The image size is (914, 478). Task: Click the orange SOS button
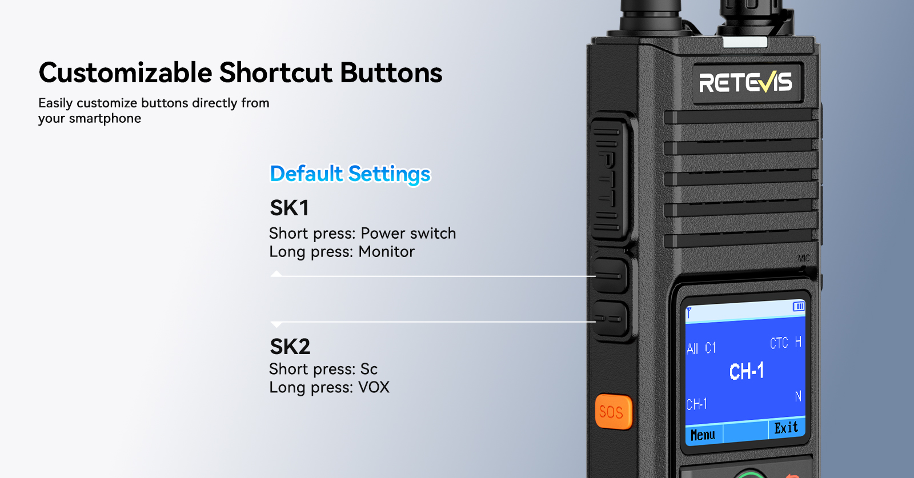pos(614,412)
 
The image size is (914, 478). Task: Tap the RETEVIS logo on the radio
pos(745,82)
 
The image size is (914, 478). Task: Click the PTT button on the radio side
pos(610,179)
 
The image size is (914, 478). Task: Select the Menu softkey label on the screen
pos(703,435)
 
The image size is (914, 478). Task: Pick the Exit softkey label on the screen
pos(786,428)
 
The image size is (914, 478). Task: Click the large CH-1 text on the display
pos(746,372)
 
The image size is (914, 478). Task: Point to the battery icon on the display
pos(799,306)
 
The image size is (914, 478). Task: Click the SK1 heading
pos(289,208)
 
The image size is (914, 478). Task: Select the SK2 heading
pos(290,347)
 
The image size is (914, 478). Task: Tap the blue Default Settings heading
pos(350,174)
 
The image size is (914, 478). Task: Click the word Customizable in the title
pos(125,73)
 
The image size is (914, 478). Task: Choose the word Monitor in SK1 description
pos(386,252)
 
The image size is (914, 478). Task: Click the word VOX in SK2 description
pos(374,387)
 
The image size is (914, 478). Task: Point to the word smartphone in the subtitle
pos(105,119)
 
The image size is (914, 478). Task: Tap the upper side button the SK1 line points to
pos(610,276)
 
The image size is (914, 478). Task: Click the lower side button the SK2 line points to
pos(610,319)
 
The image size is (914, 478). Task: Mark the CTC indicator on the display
pos(779,343)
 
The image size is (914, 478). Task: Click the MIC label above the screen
pos(803,258)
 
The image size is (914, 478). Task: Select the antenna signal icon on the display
pos(689,313)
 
